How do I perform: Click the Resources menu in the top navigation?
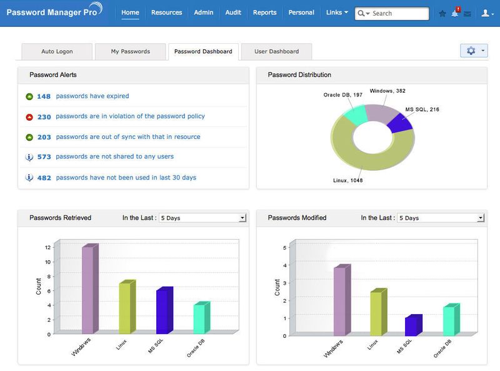[x=166, y=13]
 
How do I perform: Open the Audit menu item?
[x=233, y=13]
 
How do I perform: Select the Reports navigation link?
[x=264, y=13]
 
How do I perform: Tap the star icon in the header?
[x=442, y=13]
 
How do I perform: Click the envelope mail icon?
[x=467, y=14]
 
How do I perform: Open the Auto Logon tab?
[x=56, y=51]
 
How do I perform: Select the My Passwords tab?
[x=131, y=51]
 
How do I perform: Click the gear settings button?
[x=473, y=51]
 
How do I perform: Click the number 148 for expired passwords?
[x=44, y=96]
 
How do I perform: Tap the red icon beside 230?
[x=29, y=117]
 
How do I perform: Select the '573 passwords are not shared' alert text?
[x=114, y=156]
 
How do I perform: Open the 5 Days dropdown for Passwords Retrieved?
[x=202, y=218]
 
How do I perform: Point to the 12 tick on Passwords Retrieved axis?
[x=47, y=247]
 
